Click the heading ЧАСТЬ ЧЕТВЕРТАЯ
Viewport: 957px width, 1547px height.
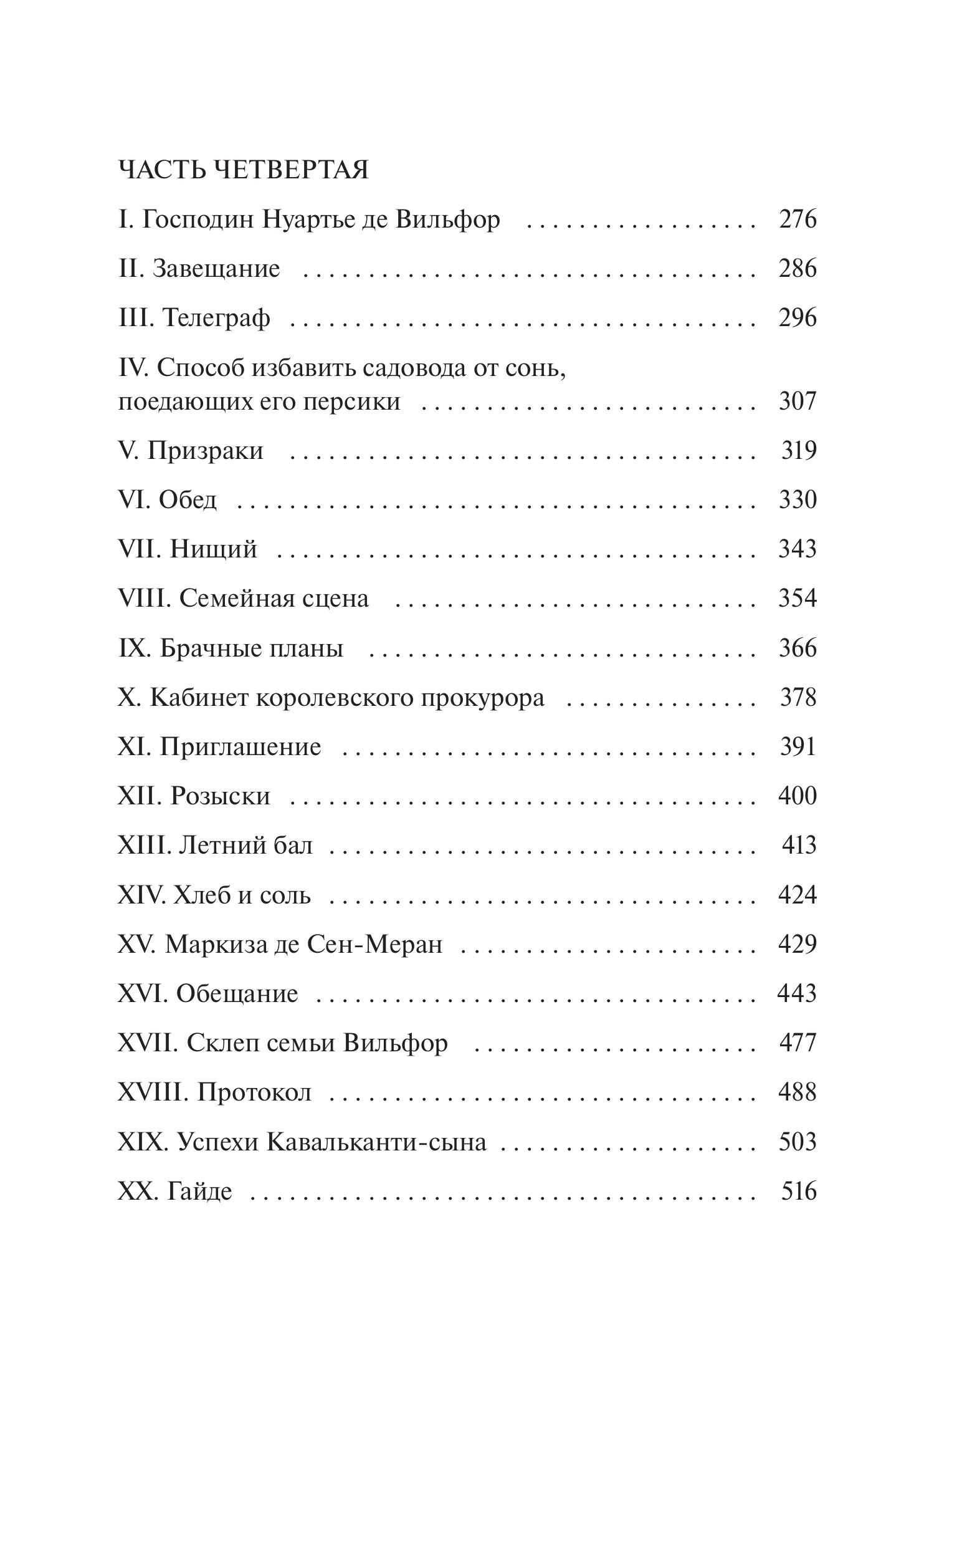pos(243,170)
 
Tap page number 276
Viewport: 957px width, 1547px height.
pos(797,219)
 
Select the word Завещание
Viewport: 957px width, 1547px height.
pos(216,269)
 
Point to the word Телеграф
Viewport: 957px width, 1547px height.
pos(216,318)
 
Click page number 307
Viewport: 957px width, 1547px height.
pos(797,402)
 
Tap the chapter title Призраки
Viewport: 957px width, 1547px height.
pos(205,451)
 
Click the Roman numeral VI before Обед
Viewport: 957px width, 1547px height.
pos(134,500)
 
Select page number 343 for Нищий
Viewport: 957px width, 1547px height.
pos(797,549)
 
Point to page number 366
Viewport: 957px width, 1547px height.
pos(797,648)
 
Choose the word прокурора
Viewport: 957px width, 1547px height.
pos(483,698)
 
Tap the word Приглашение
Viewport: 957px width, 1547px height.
pos(240,747)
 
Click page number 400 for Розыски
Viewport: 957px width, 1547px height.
pos(797,796)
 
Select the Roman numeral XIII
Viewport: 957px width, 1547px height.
pos(145,846)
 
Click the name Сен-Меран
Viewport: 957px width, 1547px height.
pos(374,944)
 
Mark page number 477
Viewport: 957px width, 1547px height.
pos(797,1043)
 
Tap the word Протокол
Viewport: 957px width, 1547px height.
pos(254,1092)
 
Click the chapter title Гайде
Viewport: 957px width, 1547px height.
pos(199,1191)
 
